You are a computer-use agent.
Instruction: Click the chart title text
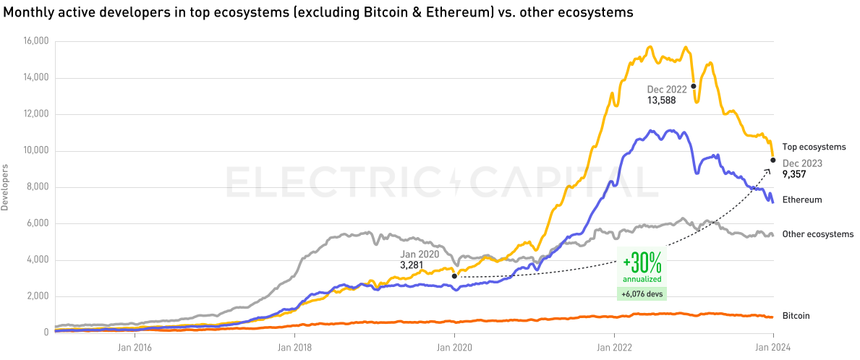pos(319,12)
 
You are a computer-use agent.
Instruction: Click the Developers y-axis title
pos(5,187)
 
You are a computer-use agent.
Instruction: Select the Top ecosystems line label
pos(814,147)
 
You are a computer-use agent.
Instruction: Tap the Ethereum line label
pos(802,200)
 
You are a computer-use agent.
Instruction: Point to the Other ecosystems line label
pos(818,234)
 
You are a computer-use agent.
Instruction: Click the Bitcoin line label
pos(796,316)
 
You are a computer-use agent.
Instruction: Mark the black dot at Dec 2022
pos(694,86)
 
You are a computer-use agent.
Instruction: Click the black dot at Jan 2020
pos(454,275)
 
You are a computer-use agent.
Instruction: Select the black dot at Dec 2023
pos(773,160)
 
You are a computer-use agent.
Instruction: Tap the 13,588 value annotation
pos(662,100)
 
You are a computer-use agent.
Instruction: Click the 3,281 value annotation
pos(412,265)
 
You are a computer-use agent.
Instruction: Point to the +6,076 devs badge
pos(642,293)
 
